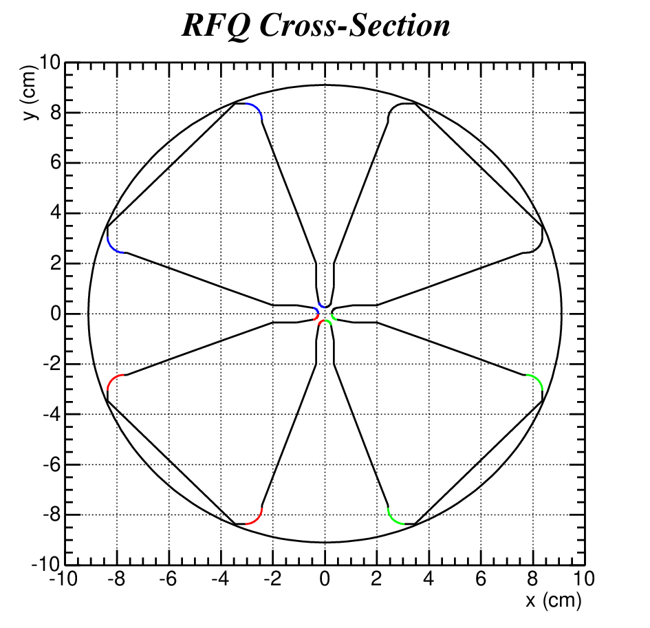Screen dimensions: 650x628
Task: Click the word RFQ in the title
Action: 217,25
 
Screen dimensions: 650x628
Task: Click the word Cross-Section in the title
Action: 355,25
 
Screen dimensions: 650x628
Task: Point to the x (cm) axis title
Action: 554,600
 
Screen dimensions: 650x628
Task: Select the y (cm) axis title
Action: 30,92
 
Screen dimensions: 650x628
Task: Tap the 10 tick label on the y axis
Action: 50,63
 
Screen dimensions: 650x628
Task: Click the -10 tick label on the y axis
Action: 46,564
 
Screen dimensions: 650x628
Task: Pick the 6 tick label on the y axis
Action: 56,162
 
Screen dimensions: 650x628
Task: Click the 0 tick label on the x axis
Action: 325,579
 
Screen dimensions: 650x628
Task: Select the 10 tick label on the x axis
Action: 584,579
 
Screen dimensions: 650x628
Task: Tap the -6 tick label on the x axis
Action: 168,579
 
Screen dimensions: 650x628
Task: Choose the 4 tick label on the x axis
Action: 429,579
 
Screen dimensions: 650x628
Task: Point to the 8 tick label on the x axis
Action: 532,579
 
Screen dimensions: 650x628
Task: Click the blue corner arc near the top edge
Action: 257,108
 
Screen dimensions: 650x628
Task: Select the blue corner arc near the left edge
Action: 112,248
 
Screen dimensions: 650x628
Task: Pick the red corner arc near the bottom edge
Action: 257,519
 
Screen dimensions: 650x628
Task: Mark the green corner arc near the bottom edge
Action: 393,519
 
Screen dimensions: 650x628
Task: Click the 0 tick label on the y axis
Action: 56,314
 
